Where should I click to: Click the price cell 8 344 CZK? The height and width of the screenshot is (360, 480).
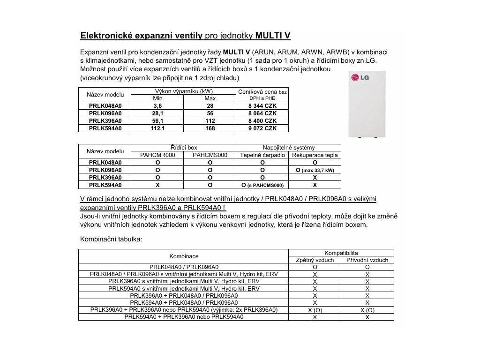click(262, 106)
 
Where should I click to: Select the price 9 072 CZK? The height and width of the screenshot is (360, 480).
click(262, 128)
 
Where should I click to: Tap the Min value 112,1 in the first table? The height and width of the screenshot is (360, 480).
click(157, 128)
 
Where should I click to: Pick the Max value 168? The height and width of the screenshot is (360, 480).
click(210, 128)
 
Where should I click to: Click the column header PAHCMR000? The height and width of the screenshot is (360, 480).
click(157, 155)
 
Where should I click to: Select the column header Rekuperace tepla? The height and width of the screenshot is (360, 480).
click(315, 155)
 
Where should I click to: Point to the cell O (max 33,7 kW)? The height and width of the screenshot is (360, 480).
click(315, 170)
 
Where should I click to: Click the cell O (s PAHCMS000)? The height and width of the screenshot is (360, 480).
click(262, 185)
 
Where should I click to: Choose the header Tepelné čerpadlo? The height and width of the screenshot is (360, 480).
click(262, 155)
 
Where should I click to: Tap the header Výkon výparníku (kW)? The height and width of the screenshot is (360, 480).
click(184, 91)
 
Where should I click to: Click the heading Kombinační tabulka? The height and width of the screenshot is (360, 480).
click(111, 239)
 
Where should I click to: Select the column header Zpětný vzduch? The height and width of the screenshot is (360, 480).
click(315, 260)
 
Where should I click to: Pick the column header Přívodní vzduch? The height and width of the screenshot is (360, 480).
click(367, 260)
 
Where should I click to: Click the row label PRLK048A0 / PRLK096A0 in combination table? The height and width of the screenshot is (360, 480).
click(184, 267)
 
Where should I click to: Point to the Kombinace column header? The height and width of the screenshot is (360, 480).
click(184, 256)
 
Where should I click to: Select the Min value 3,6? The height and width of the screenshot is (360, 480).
click(157, 106)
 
